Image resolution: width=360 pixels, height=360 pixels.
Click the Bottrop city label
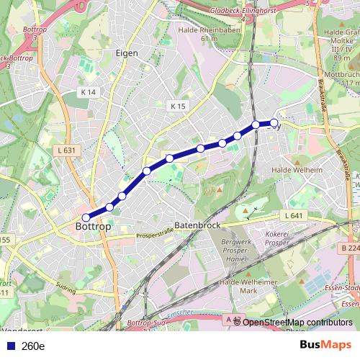(x=94, y=227)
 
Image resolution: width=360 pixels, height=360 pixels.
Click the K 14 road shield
(x=89, y=92)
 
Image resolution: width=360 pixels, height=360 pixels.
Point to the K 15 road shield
(x=178, y=106)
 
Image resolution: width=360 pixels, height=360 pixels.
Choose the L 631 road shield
(x=65, y=150)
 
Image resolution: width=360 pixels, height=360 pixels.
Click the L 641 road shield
(x=293, y=215)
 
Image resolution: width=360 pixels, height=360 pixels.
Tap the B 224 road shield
(x=350, y=248)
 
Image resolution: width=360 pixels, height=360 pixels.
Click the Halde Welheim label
(x=297, y=170)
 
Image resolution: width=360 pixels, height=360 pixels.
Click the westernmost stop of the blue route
(x=86, y=217)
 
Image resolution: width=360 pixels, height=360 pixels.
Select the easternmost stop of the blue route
(x=274, y=122)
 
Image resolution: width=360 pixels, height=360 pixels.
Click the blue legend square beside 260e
(x=11, y=346)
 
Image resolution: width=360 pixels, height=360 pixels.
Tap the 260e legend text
(x=33, y=346)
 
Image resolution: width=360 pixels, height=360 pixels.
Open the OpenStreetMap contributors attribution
(x=297, y=322)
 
